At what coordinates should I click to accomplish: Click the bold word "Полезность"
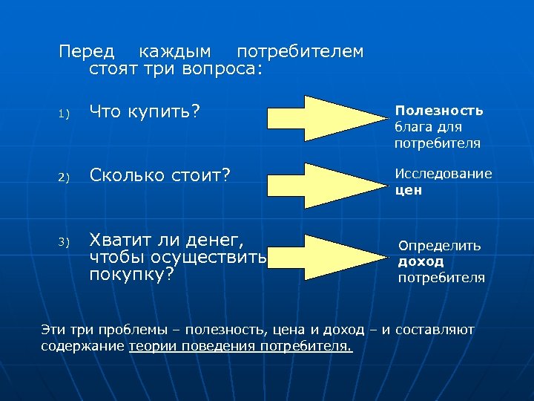[x=438, y=110]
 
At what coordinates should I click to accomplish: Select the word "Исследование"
[x=444, y=174]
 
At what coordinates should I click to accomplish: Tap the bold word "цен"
[x=409, y=189]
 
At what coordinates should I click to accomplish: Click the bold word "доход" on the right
[x=421, y=261]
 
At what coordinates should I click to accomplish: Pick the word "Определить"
[x=440, y=245]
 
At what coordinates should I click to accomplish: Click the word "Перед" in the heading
[x=87, y=52]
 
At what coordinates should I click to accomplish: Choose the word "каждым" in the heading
[x=175, y=52]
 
